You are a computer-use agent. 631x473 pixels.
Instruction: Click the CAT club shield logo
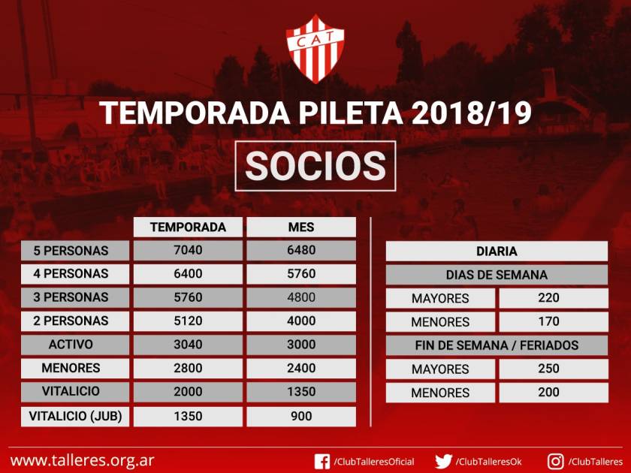click(315, 49)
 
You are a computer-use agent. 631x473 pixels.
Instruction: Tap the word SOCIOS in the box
click(315, 166)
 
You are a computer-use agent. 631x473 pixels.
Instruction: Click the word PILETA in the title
click(351, 113)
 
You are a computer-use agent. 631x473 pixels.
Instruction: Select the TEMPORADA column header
click(188, 227)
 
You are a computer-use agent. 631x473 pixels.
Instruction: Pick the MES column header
click(301, 227)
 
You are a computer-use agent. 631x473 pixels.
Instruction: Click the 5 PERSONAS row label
click(71, 251)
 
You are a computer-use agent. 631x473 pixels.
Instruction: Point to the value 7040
click(188, 250)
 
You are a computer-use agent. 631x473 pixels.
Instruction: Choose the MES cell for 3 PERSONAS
click(301, 297)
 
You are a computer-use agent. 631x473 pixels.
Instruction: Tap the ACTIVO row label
click(71, 345)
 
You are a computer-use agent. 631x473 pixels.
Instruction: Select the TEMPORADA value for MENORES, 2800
click(188, 368)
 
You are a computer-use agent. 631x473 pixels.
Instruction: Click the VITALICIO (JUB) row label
click(75, 416)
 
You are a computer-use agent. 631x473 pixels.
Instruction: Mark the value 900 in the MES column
click(301, 416)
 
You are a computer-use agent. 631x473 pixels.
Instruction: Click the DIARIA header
click(497, 252)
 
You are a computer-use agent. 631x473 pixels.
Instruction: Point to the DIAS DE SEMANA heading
click(497, 275)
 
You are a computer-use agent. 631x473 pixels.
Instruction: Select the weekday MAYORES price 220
click(548, 298)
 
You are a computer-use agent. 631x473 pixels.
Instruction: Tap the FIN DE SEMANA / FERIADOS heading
click(497, 345)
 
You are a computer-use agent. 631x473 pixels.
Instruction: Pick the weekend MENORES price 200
click(548, 393)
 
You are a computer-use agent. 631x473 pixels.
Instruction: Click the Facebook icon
click(322, 461)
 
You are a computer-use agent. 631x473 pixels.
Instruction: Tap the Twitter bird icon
click(443, 461)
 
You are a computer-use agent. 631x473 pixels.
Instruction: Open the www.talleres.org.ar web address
click(82, 461)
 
